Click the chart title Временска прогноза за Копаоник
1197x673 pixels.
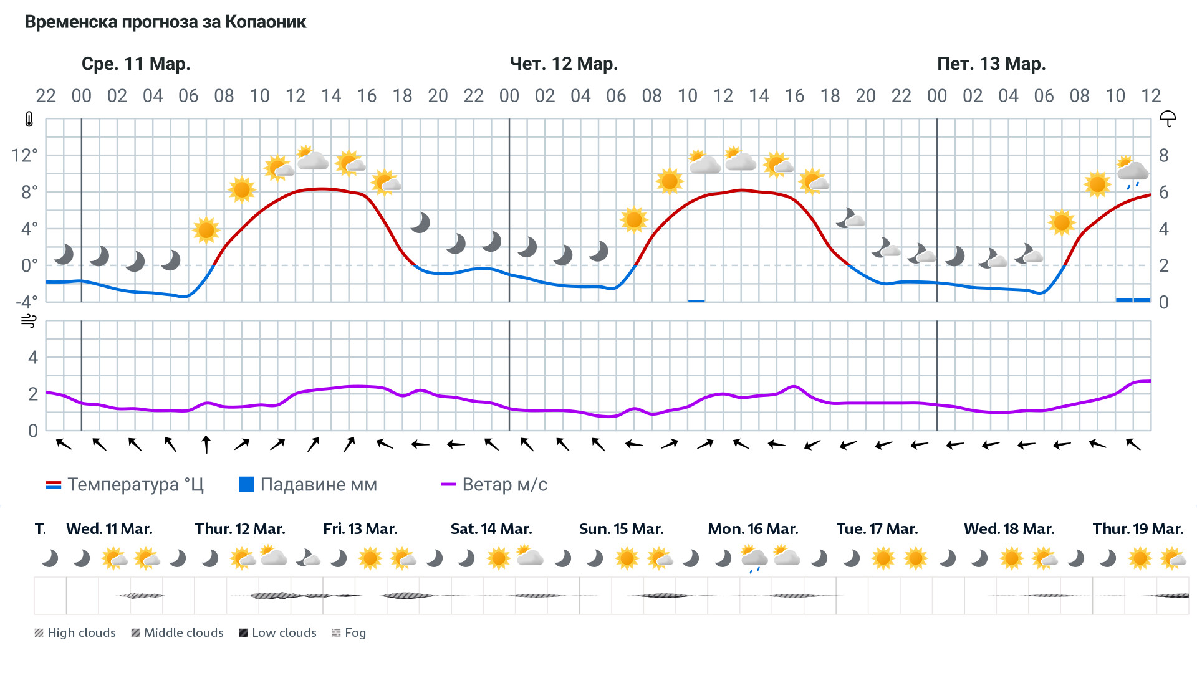[165, 22]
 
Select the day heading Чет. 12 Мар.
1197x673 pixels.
[563, 64]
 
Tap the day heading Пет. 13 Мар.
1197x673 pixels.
[991, 64]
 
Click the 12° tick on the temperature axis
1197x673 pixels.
[25, 155]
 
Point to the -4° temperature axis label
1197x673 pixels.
[26, 302]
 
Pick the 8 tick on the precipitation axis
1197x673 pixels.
[1163, 155]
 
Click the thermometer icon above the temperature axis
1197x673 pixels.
[29, 119]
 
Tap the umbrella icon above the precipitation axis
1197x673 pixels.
[1167, 118]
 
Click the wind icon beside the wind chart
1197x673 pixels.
[29, 322]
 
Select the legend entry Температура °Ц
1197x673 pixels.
[125, 485]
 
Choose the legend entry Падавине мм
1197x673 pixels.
[308, 485]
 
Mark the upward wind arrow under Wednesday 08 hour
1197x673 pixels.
[206, 444]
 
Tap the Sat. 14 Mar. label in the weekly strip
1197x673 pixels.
[491, 529]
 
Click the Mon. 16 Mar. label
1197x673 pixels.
[752, 529]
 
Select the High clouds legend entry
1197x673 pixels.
[75, 633]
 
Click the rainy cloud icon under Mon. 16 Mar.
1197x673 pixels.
[754, 558]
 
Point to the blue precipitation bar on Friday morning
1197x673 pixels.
[1133, 300]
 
